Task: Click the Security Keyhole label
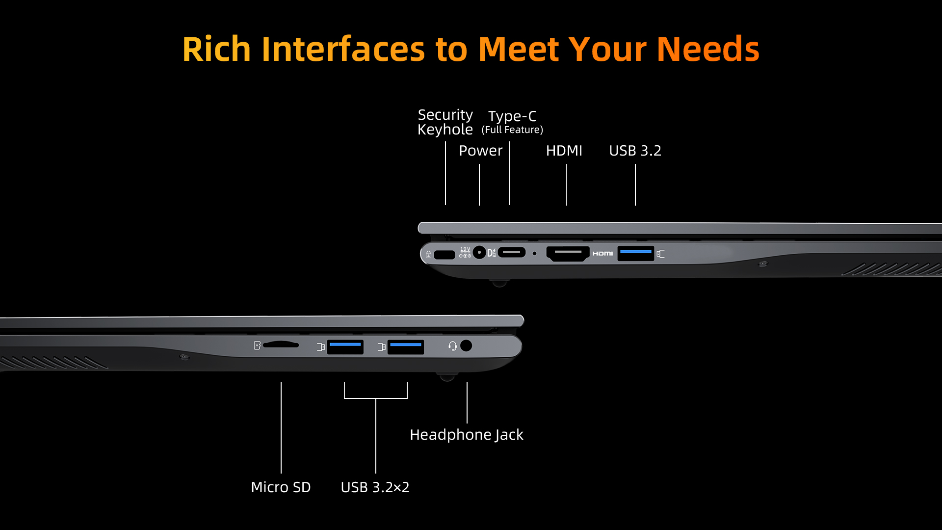[445, 122]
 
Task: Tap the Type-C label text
[512, 116]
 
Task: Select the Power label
[480, 151]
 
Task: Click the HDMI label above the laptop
[564, 151]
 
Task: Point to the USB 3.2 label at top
[635, 151]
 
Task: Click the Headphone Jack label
[467, 435]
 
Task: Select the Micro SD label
[281, 487]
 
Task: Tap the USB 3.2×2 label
[375, 487]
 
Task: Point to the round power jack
[479, 252]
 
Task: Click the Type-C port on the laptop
[512, 252]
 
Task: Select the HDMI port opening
[568, 253]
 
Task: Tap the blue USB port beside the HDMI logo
[635, 253]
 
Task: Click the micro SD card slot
[281, 345]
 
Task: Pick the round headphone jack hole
[466, 345]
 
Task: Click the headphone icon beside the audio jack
[452, 346]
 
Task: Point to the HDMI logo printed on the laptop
[602, 253]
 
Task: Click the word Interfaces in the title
[343, 50]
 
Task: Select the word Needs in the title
[708, 50]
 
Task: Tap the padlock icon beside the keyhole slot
[428, 255]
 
